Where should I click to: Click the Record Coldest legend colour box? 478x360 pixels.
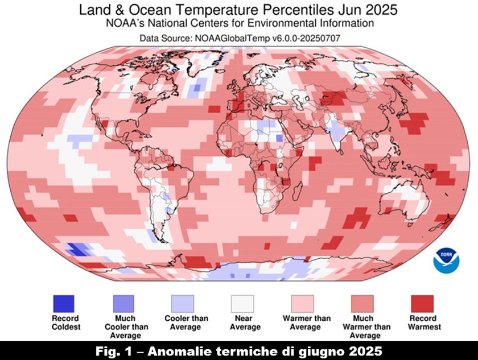(64, 303)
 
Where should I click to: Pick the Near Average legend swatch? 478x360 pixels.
(242, 303)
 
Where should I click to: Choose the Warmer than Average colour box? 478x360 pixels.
(303, 303)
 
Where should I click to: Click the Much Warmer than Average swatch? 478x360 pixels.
(362, 303)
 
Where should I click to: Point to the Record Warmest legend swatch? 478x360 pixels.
(422, 303)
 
